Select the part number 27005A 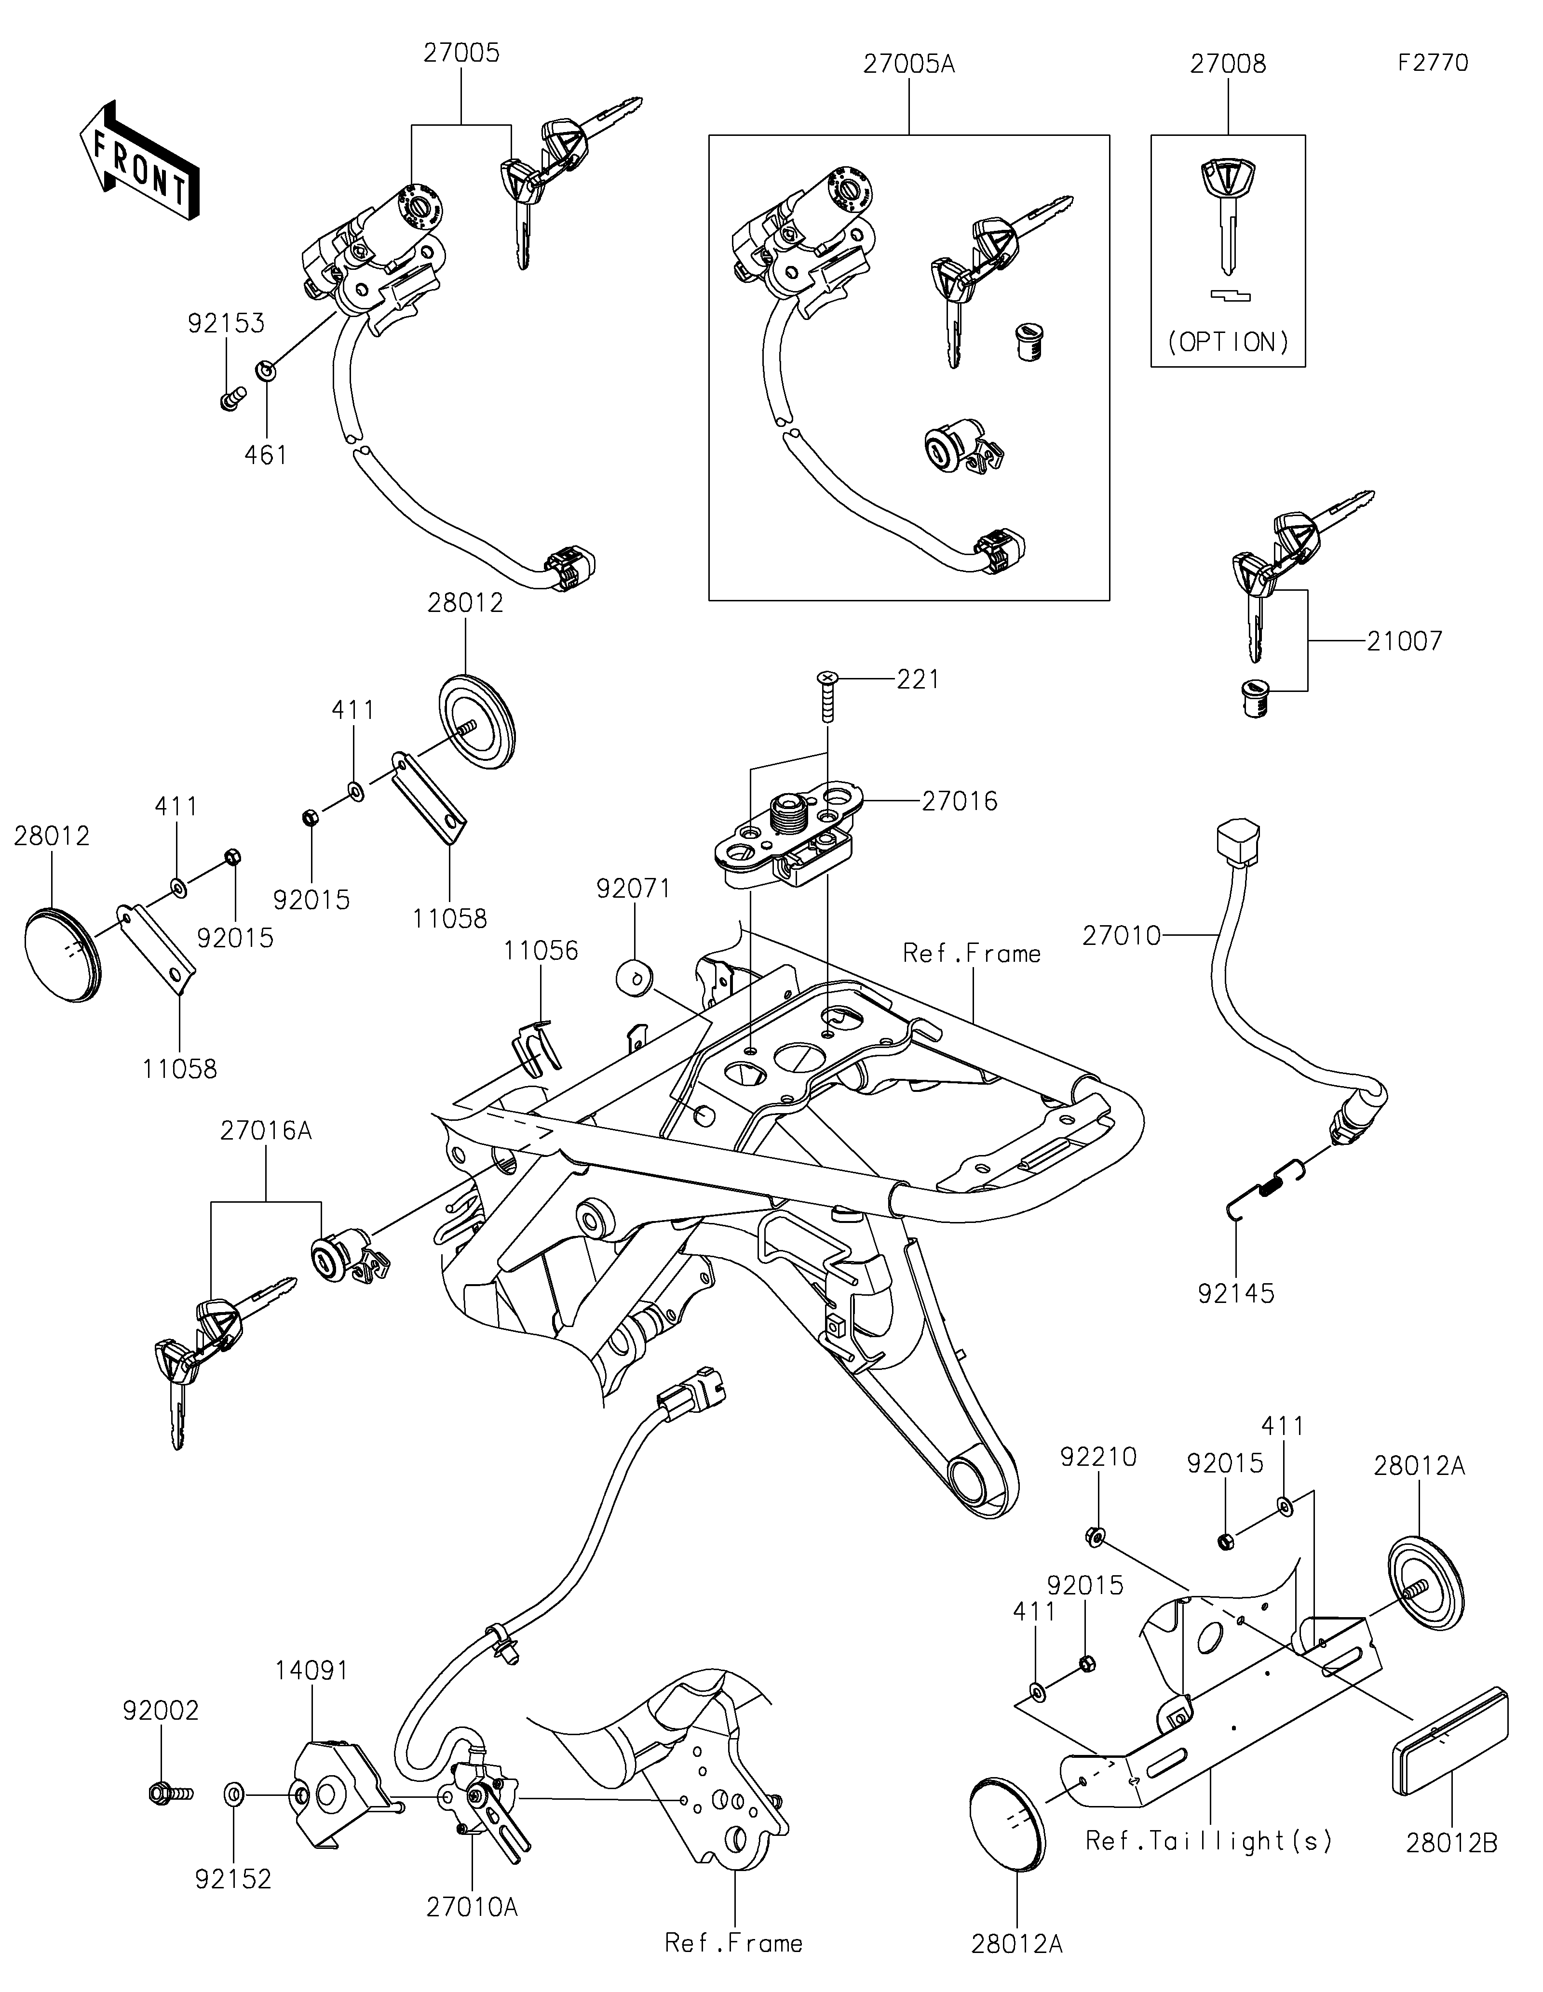(909, 65)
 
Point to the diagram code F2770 (1433, 63)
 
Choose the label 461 (266, 454)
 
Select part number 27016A (266, 1131)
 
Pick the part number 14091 (312, 1670)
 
